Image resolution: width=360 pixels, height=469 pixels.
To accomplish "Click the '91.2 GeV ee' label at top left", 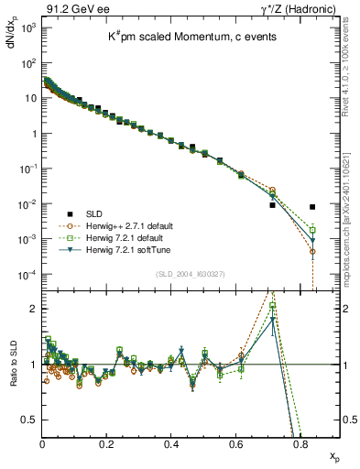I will click(69, 8).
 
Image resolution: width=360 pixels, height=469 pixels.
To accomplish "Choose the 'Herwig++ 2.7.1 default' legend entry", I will click(127, 224).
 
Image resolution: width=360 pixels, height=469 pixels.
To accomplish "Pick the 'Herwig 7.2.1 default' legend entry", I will click(125, 236).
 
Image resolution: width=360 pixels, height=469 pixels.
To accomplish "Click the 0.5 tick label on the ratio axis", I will click(28, 420).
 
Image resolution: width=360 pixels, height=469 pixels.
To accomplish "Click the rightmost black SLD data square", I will click(313, 207).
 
